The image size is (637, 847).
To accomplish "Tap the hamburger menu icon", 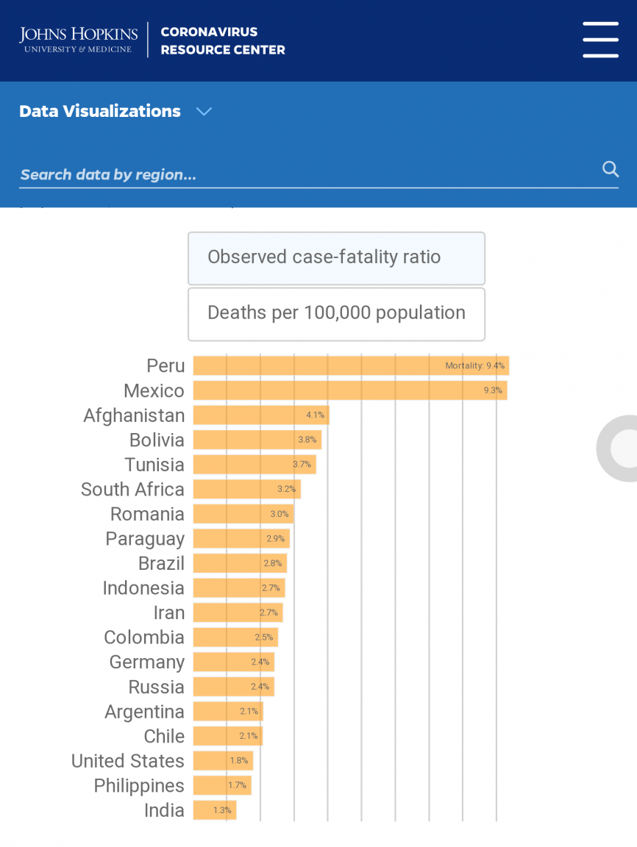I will [x=600, y=40].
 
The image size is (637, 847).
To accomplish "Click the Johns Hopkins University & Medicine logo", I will [x=79, y=40].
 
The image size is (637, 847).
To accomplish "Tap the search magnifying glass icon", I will [x=611, y=169].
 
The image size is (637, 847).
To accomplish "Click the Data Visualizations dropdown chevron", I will [x=204, y=112].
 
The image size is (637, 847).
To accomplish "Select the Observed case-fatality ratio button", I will [x=336, y=258].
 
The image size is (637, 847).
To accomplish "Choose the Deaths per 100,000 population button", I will [x=336, y=314].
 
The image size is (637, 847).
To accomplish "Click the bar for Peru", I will [x=351, y=366].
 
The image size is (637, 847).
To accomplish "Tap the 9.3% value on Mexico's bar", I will [x=493, y=390].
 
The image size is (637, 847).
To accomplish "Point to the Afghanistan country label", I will [x=134, y=415].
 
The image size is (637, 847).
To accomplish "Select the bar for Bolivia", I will [x=257, y=440].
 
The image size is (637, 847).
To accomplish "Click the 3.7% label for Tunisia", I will [x=302, y=465].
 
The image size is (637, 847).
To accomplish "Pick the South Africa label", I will [x=132, y=490].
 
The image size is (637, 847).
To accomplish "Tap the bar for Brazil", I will [x=240, y=563].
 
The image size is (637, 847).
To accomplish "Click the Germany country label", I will [x=146, y=662].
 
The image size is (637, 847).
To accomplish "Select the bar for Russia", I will [x=233, y=687].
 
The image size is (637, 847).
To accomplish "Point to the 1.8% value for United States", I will [x=239, y=761].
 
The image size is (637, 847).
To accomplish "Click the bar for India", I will [x=214, y=810].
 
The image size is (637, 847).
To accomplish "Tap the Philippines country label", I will [x=139, y=786].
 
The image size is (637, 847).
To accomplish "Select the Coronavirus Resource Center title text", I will [x=223, y=41].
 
